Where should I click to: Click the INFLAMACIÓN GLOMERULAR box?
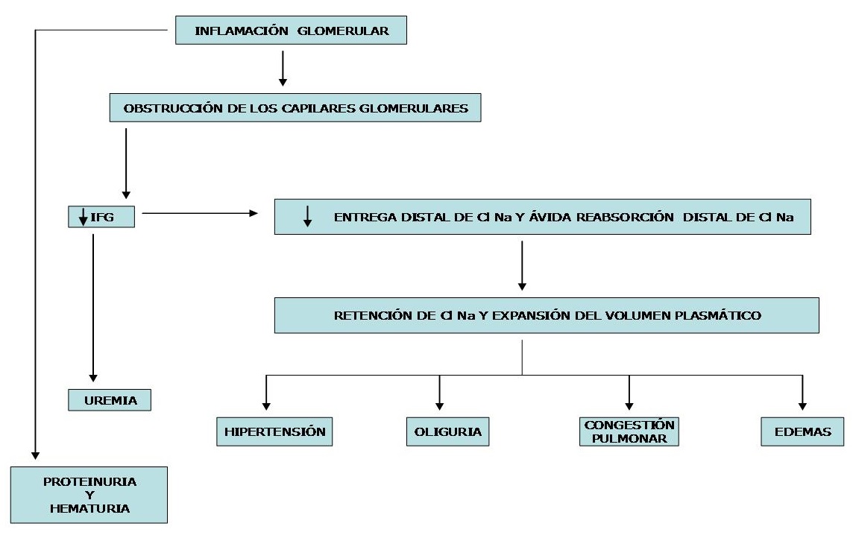[292, 31]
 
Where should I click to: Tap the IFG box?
[101, 218]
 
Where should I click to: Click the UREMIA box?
[110, 401]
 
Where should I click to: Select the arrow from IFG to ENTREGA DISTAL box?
[198, 214]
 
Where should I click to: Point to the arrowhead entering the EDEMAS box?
[802, 405]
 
